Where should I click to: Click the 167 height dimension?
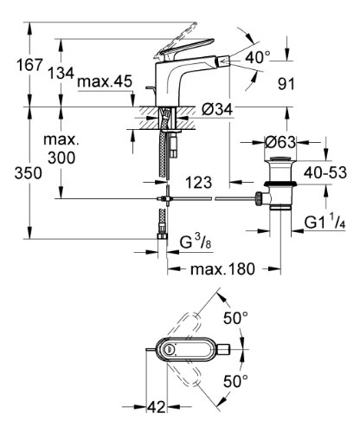[29, 64]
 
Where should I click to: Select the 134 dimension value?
[61, 73]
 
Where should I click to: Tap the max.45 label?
[105, 81]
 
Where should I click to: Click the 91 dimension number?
[286, 84]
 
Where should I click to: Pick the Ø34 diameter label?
[217, 109]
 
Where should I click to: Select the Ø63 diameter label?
[280, 142]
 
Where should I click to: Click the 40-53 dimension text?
[325, 172]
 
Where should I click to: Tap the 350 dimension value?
[29, 173]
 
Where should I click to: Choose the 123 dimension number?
[199, 183]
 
